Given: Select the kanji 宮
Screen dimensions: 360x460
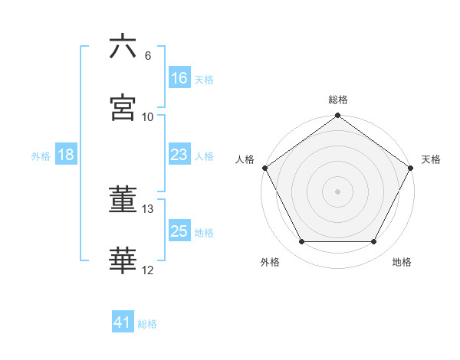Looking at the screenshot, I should [123, 107].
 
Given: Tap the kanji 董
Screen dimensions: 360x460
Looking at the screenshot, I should [123, 201].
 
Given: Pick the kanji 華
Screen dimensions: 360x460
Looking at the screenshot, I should [123, 261].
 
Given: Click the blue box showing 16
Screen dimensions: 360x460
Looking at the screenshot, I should [179, 78].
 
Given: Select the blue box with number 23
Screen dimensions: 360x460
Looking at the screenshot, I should [179, 155].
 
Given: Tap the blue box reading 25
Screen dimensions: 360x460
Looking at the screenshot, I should [179, 231].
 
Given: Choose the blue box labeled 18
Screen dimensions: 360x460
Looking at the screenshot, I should [66, 155].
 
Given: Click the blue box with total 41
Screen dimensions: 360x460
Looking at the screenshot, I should [123, 322].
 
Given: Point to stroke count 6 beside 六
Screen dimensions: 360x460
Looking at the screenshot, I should [148, 56].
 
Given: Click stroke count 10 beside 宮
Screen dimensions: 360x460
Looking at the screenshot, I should [148, 117].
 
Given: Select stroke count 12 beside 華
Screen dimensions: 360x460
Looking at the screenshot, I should [148, 270].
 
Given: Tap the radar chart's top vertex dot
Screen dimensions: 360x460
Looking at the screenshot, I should [337, 116].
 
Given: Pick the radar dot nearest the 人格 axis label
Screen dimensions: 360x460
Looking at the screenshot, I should [264, 168].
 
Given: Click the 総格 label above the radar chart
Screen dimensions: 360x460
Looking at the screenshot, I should [338, 100].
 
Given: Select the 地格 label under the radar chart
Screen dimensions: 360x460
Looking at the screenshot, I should [402, 263].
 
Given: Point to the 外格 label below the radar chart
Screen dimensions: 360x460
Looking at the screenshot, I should [270, 263].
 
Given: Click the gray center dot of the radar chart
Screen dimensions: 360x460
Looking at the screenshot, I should [337, 191].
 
